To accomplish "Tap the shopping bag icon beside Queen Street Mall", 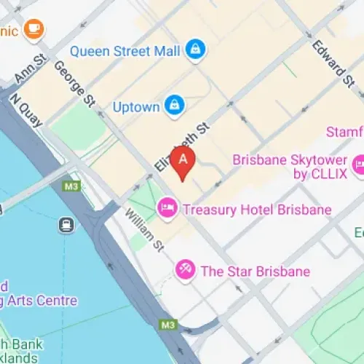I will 195,50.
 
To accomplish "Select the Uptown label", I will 135,106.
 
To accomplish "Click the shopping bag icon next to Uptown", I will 173,106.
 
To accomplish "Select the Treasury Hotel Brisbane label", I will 257,210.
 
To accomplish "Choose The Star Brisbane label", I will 255,272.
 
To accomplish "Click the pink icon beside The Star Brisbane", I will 185,271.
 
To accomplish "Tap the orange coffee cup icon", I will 33,28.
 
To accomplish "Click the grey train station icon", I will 67,224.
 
